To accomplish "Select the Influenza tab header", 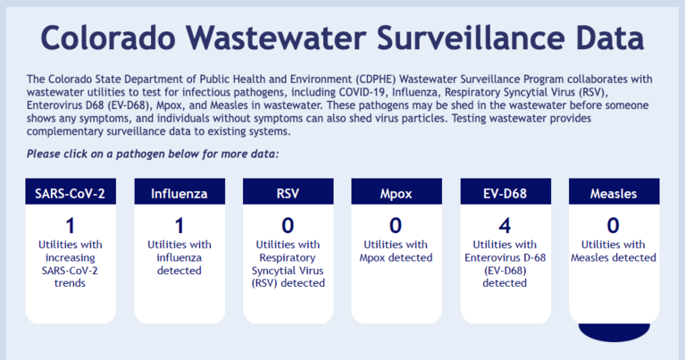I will [180, 193].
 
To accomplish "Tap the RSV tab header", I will [288, 193].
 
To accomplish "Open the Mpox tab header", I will [396, 193].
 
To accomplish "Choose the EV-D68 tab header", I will [505, 193].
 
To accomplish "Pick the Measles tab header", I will [614, 193].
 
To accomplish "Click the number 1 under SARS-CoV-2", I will [71, 225].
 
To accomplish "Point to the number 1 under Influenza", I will [180, 225].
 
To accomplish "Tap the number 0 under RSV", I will [288, 225].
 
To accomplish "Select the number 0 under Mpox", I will [396, 225].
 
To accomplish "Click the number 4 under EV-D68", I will [505, 225].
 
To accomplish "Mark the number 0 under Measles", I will [614, 225].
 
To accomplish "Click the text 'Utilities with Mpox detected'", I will [396, 251].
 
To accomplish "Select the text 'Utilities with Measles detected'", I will [614, 251].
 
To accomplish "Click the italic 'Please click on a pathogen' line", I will [153, 154].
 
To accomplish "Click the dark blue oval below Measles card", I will [614, 331].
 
